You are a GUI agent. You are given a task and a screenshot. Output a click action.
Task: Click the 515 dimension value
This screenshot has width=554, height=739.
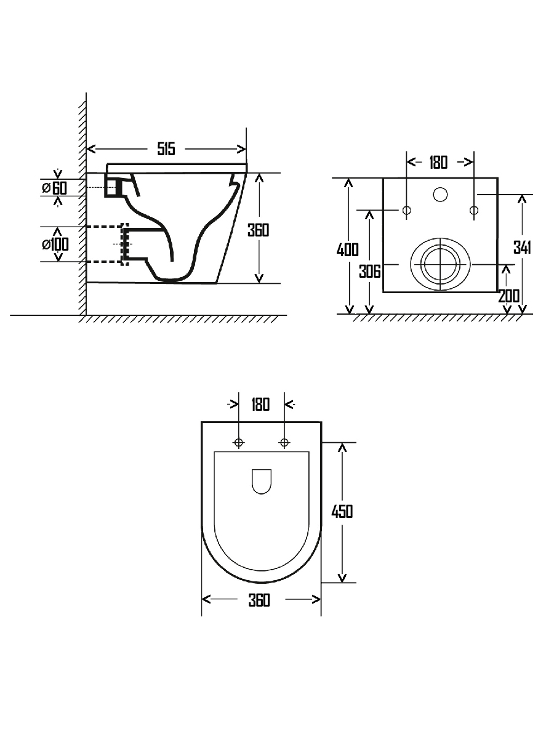click(x=166, y=149)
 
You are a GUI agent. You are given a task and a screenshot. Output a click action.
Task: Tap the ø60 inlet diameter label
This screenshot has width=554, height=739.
click(x=55, y=188)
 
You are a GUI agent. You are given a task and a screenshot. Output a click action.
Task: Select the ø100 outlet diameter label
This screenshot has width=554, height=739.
click(x=55, y=244)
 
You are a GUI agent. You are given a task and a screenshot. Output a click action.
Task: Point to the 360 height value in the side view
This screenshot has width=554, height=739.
click(x=259, y=230)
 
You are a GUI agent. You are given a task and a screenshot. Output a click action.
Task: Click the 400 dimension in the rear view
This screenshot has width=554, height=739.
click(x=347, y=249)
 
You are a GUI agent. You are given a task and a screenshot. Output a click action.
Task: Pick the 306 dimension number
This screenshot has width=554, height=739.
click(x=370, y=272)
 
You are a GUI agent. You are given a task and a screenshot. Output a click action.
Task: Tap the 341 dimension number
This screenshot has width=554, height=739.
click(x=522, y=248)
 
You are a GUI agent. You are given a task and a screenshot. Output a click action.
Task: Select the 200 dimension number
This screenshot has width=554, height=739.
click(x=509, y=296)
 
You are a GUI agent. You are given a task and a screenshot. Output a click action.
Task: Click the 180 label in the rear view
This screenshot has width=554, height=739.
click(x=438, y=163)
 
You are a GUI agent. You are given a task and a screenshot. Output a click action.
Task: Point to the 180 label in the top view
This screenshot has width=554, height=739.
click(x=260, y=405)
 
